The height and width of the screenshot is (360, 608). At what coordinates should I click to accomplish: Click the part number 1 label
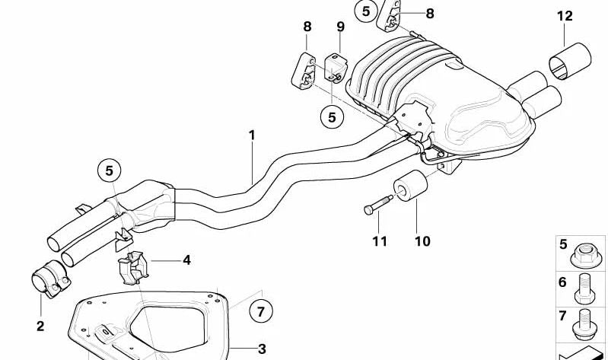252,135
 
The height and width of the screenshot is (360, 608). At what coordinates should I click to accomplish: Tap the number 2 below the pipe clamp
41,327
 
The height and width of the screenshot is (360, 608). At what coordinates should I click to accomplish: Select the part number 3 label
262,349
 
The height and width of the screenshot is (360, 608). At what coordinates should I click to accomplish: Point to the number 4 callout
186,260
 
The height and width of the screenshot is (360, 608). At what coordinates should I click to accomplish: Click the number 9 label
340,27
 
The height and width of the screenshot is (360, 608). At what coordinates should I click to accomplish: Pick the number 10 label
422,241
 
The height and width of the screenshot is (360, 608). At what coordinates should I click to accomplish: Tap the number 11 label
380,241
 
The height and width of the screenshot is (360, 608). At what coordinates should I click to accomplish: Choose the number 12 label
565,16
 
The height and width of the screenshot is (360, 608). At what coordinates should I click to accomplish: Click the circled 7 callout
260,311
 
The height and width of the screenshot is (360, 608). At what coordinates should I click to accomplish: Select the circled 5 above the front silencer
110,170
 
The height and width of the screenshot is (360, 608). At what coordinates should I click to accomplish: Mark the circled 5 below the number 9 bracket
332,117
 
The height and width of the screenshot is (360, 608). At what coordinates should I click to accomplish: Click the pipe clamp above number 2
50,279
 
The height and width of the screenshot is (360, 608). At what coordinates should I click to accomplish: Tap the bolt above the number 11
378,204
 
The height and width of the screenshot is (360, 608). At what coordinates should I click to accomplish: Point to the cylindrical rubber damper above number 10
410,186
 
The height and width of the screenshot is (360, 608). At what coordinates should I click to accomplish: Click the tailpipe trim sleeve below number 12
570,61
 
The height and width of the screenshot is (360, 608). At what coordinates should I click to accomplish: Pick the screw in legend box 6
584,288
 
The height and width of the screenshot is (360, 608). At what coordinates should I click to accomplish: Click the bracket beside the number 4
132,268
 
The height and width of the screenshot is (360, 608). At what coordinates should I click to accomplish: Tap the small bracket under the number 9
335,67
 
